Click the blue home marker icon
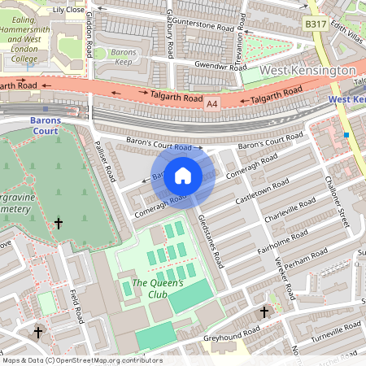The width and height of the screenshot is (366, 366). click(183, 175)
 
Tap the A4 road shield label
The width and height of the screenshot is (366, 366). click(212, 104)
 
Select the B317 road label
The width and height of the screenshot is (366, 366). click(316, 25)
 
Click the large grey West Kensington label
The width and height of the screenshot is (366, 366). click(307, 71)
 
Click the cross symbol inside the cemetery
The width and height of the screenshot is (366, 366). click(58, 222)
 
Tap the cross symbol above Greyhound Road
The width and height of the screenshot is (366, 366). click(263, 312)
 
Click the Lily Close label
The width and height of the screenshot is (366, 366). click(68, 10)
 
